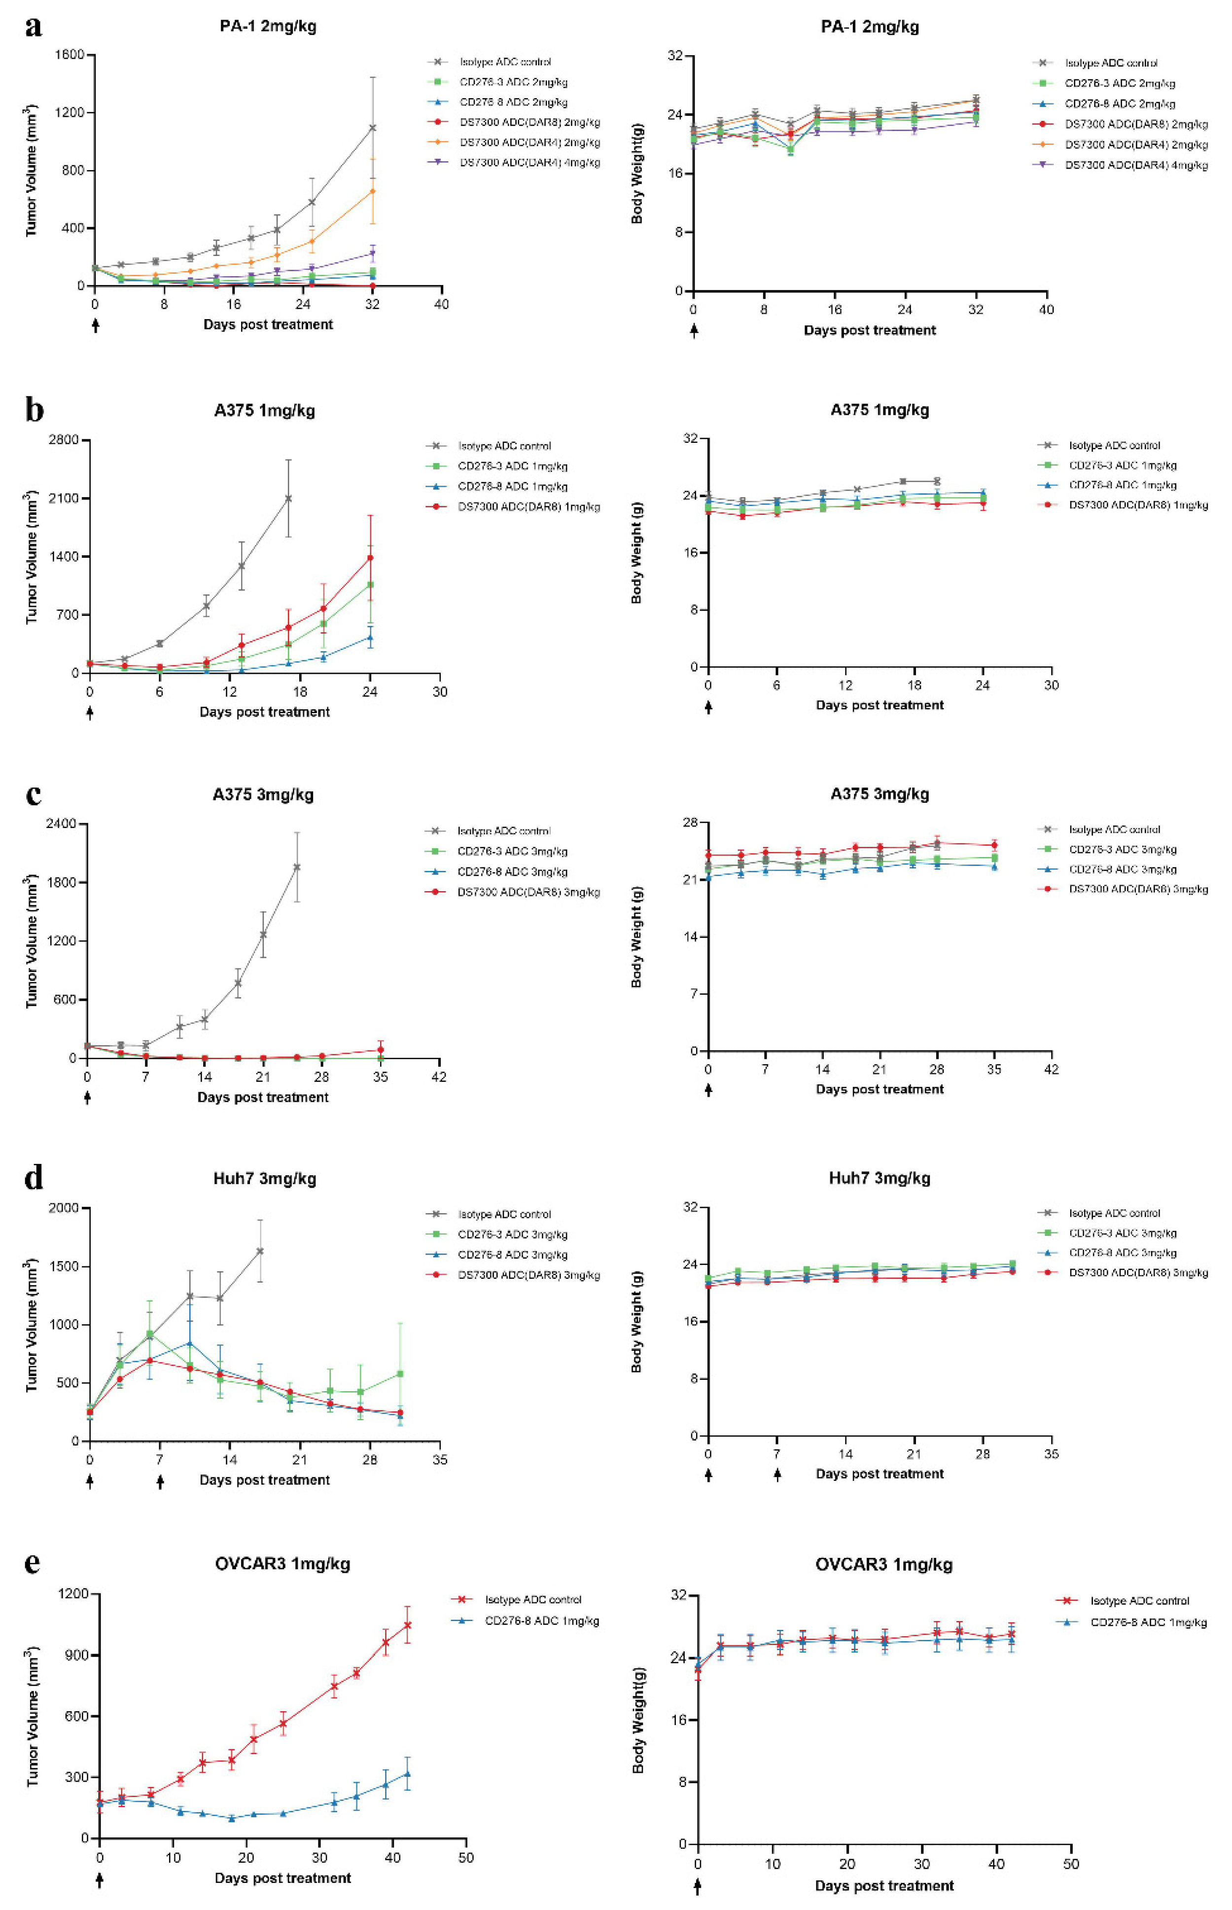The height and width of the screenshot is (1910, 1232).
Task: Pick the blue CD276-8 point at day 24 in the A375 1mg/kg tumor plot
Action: coord(370,637)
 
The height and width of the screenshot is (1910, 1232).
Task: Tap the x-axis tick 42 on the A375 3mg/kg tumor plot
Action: coord(438,1077)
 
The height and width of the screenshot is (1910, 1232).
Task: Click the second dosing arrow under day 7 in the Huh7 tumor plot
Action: coord(160,1483)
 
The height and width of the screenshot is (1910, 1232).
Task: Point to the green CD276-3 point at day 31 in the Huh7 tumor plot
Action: coord(400,1374)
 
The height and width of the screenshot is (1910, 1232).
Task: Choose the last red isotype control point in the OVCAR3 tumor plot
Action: coord(407,1624)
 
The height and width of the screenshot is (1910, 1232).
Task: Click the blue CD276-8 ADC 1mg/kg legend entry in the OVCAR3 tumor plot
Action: coord(541,1621)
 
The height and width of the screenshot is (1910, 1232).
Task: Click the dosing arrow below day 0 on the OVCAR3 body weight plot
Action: coord(698,1887)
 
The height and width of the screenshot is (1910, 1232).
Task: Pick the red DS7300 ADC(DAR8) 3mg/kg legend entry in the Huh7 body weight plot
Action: coord(1138,1272)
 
